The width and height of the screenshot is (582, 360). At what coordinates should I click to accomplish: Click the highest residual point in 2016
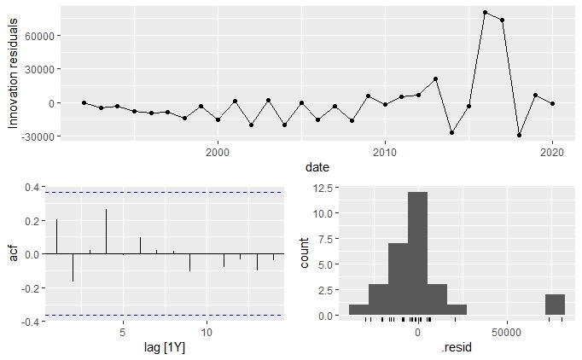(486, 13)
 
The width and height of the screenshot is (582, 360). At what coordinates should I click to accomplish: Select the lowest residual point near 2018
(519, 135)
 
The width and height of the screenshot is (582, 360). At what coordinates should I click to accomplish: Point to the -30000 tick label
(38, 136)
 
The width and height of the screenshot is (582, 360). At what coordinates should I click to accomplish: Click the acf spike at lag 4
(106, 231)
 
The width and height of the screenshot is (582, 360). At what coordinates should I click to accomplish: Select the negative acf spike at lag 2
(73, 267)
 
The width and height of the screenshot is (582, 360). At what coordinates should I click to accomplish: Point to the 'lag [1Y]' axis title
(164, 349)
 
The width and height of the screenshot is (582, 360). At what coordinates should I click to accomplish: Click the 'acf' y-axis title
(12, 253)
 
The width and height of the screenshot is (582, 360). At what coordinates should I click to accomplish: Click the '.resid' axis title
(453, 349)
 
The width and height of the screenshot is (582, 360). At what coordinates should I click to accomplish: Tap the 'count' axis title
(307, 253)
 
